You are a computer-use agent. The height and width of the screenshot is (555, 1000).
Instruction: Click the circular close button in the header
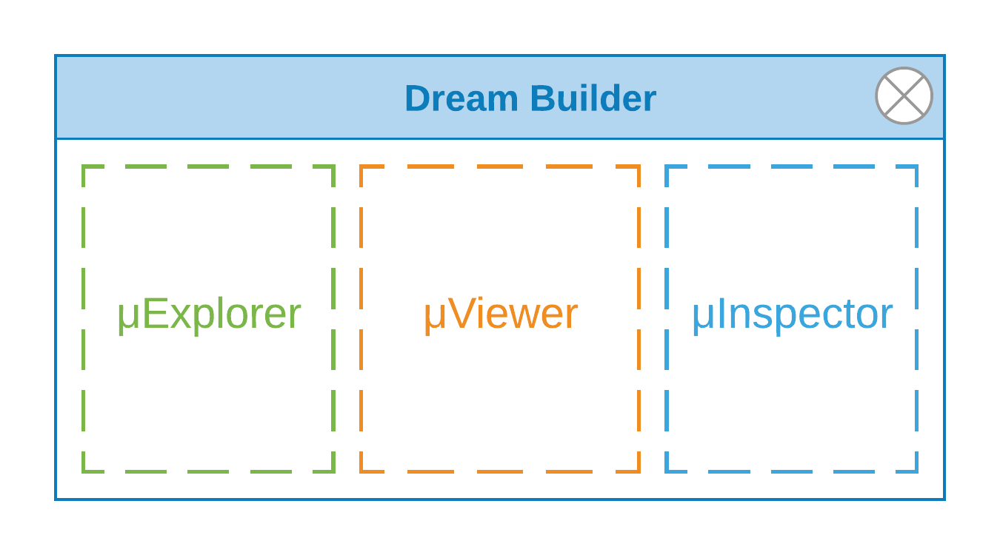click(x=904, y=96)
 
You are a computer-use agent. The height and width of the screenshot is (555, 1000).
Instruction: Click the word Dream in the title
click(x=461, y=98)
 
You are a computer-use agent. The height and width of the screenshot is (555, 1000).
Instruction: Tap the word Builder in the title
click(x=593, y=98)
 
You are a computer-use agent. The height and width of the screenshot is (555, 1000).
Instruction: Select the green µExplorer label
click(x=210, y=314)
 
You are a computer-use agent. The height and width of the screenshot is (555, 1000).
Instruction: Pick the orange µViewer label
click(x=501, y=314)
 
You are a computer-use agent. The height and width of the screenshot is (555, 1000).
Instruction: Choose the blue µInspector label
click(x=793, y=314)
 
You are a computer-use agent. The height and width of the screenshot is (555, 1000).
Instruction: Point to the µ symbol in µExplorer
click(x=129, y=317)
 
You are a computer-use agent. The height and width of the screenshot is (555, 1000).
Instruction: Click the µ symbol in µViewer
click(x=436, y=317)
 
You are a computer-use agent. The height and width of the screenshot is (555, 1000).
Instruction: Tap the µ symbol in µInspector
click(x=704, y=317)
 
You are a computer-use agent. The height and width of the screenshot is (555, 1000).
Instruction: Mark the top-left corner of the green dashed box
click(x=84, y=166)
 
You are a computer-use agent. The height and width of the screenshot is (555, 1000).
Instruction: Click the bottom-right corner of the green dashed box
click(x=333, y=471)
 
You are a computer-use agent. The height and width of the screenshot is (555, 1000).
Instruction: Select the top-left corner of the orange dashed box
click(x=361, y=166)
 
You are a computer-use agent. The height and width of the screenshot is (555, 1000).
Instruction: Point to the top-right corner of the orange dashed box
click(x=639, y=166)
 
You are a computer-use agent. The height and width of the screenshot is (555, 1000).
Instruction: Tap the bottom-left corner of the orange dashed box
click(x=361, y=471)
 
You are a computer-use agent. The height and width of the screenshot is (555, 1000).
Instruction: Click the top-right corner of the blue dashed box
click(x=916, y=166)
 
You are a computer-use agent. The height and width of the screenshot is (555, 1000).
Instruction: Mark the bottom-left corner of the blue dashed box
click(x=667, y=471)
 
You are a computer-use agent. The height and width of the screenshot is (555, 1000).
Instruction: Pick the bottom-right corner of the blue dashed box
click(x=916, y=471)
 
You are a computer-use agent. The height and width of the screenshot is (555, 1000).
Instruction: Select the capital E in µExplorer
click(x=156, y=313)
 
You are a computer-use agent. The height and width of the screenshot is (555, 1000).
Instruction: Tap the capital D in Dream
click(x=418, y=98)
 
